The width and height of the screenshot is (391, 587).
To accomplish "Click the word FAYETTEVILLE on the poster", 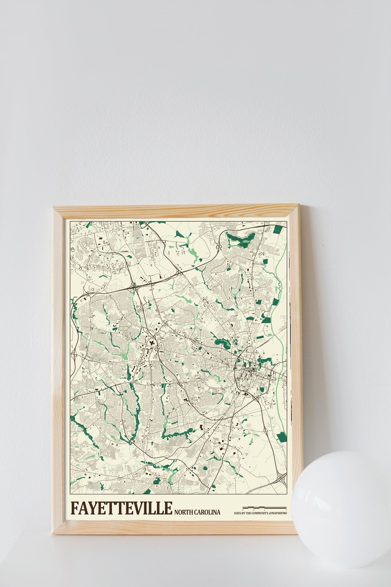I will click(x=122, y=508).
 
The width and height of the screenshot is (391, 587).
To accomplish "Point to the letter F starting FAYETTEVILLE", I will click(x=74, y=508).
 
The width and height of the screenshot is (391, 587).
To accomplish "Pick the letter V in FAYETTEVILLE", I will click(x=137, y=508).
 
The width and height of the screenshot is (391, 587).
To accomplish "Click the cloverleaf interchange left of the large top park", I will click(x=219, y=247).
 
